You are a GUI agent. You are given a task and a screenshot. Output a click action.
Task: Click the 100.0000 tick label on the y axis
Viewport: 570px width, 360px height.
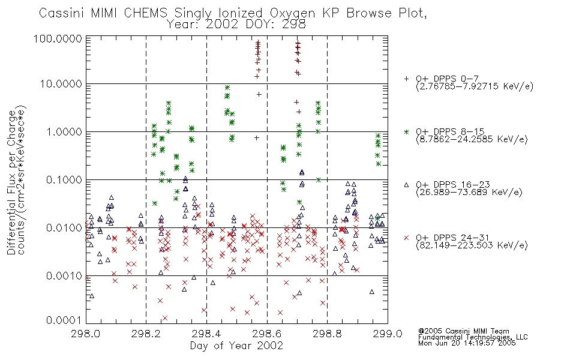[x=58, y=39]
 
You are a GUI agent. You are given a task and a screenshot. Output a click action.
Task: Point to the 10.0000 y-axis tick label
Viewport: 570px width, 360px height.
[x=61, y=84]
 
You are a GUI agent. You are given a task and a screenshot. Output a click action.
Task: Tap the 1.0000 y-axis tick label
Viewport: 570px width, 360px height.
[x=64, y=132]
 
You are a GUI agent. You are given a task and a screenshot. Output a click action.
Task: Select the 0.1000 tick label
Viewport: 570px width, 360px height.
[x=64, y=180]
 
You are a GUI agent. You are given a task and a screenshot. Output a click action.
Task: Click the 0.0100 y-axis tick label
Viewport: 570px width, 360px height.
[x=64, y=228]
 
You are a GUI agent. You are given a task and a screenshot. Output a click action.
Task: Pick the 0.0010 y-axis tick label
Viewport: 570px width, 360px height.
[x=64, y=276]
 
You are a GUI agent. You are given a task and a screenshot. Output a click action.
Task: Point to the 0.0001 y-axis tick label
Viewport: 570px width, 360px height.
[x=64, y=320]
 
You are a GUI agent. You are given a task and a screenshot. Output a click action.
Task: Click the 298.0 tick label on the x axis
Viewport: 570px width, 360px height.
[x=86, y=334]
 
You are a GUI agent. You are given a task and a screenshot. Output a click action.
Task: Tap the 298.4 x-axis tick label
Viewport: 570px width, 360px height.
[x=206, y=334]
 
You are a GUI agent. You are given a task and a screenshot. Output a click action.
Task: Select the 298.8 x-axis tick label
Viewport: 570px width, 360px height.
[x=327, y=334]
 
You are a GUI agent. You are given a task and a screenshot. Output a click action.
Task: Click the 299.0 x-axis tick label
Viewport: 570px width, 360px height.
[x=388, y=334]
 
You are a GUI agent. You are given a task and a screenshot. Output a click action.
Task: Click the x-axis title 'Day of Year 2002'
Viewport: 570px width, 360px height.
[x=236, y=346]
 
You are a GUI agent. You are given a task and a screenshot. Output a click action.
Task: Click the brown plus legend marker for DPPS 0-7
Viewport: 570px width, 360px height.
[x=406, y=79]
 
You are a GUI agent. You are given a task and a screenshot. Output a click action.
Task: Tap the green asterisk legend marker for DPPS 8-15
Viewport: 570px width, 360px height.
[x=406, y=131]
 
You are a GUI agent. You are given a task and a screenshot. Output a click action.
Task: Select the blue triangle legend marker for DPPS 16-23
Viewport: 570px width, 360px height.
[x=406, y=185]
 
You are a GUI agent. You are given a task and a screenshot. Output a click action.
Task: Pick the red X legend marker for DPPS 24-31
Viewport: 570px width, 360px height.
[x=406, y=238]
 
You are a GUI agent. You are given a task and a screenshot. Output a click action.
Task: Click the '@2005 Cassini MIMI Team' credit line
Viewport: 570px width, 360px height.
[x=463, y=331]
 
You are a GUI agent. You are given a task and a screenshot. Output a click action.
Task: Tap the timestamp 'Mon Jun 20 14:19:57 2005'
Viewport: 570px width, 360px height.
[x=467, y=343]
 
